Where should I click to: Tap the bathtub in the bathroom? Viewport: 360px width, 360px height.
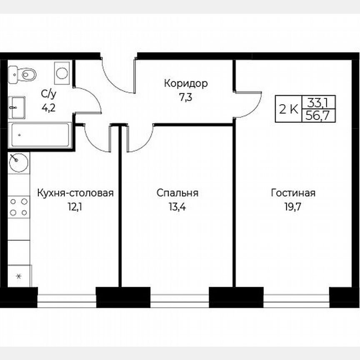(x=40, y=135)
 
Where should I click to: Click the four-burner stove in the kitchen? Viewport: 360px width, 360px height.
(x=19, y=207)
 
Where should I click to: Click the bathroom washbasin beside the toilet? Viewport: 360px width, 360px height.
(x=17, y=107)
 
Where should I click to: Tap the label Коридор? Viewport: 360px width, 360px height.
(x=185, y=84)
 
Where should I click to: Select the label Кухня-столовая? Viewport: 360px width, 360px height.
(x=75, y=193)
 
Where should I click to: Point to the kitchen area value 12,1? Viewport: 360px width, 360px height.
(x=75, y=207)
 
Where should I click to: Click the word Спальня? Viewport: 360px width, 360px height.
(x=177, y=193)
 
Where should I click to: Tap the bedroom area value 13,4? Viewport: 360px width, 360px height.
(x=177, y=207)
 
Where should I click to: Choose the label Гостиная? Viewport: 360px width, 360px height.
(x=293, y=193)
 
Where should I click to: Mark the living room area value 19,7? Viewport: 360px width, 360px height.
(x=293, y=207)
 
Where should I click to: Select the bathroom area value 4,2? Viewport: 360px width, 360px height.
(x=47, y=108)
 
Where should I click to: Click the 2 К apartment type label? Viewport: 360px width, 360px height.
(x=288, y=110)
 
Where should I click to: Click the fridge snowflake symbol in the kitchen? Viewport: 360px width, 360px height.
(x=18, y=276)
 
